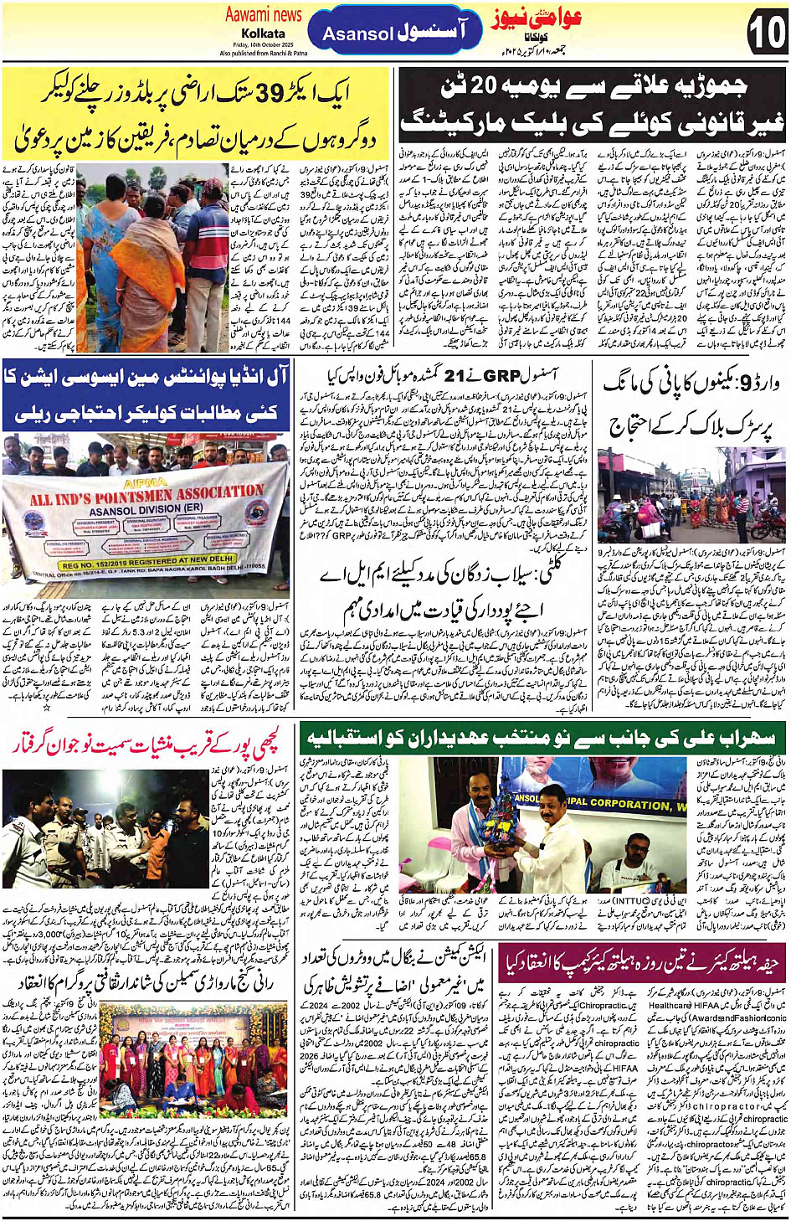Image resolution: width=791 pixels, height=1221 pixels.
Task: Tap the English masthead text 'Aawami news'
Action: pyautogui.click(x=263, y=14)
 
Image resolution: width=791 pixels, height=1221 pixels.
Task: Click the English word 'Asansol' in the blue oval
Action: pyautogui.click(x=357, y=34)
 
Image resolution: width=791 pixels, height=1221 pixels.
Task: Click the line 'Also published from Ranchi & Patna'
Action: pyautogui.click(x=263, y=53)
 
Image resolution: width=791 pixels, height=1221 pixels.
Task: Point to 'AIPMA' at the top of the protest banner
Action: pyautogui.click(x=144, y=484)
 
